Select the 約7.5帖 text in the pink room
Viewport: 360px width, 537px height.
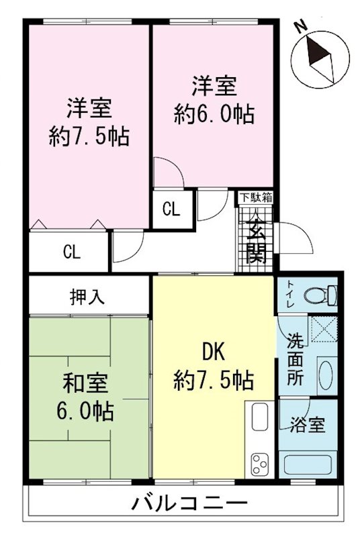pos(89,136)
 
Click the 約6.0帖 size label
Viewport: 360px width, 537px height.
pos(214,114)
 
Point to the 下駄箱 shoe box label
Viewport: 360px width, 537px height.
pos(257,197)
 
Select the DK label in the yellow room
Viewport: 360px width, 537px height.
pos(214,352)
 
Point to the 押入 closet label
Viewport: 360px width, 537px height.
pos(88,296)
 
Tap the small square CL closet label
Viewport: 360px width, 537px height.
pos(171,209)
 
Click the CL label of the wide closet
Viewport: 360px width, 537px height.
pos(72,252)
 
